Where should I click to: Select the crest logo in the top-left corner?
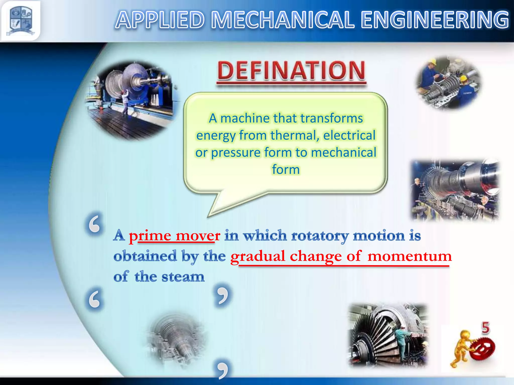click(21, 21)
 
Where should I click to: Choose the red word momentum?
click(409, 256)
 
